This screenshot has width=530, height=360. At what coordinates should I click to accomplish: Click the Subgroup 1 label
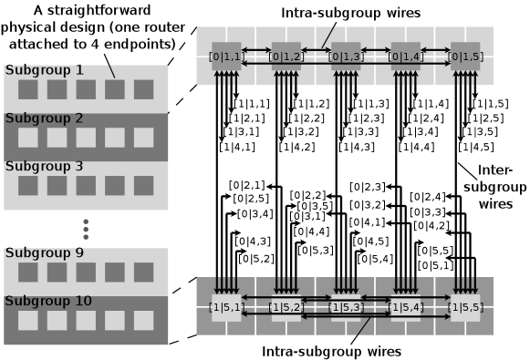click(x=44, y=70)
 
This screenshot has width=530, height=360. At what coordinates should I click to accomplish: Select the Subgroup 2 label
click(x=44, y=118)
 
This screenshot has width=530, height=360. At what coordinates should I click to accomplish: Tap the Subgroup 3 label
click(x=44, y=167)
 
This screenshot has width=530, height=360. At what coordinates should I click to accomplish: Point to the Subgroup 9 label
click(x=44, y=253)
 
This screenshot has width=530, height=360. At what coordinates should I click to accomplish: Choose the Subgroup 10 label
click(x=47, y=302)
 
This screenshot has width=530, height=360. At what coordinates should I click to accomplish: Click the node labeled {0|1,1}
click(x=226, y=56)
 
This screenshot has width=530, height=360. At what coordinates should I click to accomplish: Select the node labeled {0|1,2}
click(x=286, y=56)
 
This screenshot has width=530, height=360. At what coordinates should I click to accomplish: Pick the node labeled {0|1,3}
click(x=345, y=56)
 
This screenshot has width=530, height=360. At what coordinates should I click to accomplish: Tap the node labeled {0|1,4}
click(x=405, y=56)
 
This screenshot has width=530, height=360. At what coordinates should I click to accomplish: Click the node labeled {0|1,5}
click(x=464, y=56)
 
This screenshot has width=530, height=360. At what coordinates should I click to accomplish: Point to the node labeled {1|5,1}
click(x=226, y=307)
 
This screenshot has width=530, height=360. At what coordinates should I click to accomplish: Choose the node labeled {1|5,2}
click(x=286, y=307)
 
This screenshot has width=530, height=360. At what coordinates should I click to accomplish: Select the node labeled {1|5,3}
click(x=345, y=307)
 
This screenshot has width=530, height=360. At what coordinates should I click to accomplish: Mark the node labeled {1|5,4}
click(x=405, y=307)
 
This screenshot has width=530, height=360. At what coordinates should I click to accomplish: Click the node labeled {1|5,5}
click(x=464, y=307)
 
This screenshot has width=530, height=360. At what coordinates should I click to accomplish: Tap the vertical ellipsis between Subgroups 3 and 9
click(x=86, y=229)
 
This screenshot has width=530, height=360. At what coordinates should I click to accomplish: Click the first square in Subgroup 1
click(x=27, y=89)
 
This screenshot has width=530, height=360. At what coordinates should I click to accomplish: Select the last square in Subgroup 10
click(x=144, y=320)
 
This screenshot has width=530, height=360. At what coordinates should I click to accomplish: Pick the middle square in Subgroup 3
click(x=86, y=185)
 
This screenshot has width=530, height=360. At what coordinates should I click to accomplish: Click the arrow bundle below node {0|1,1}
click(x=226, y=78)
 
